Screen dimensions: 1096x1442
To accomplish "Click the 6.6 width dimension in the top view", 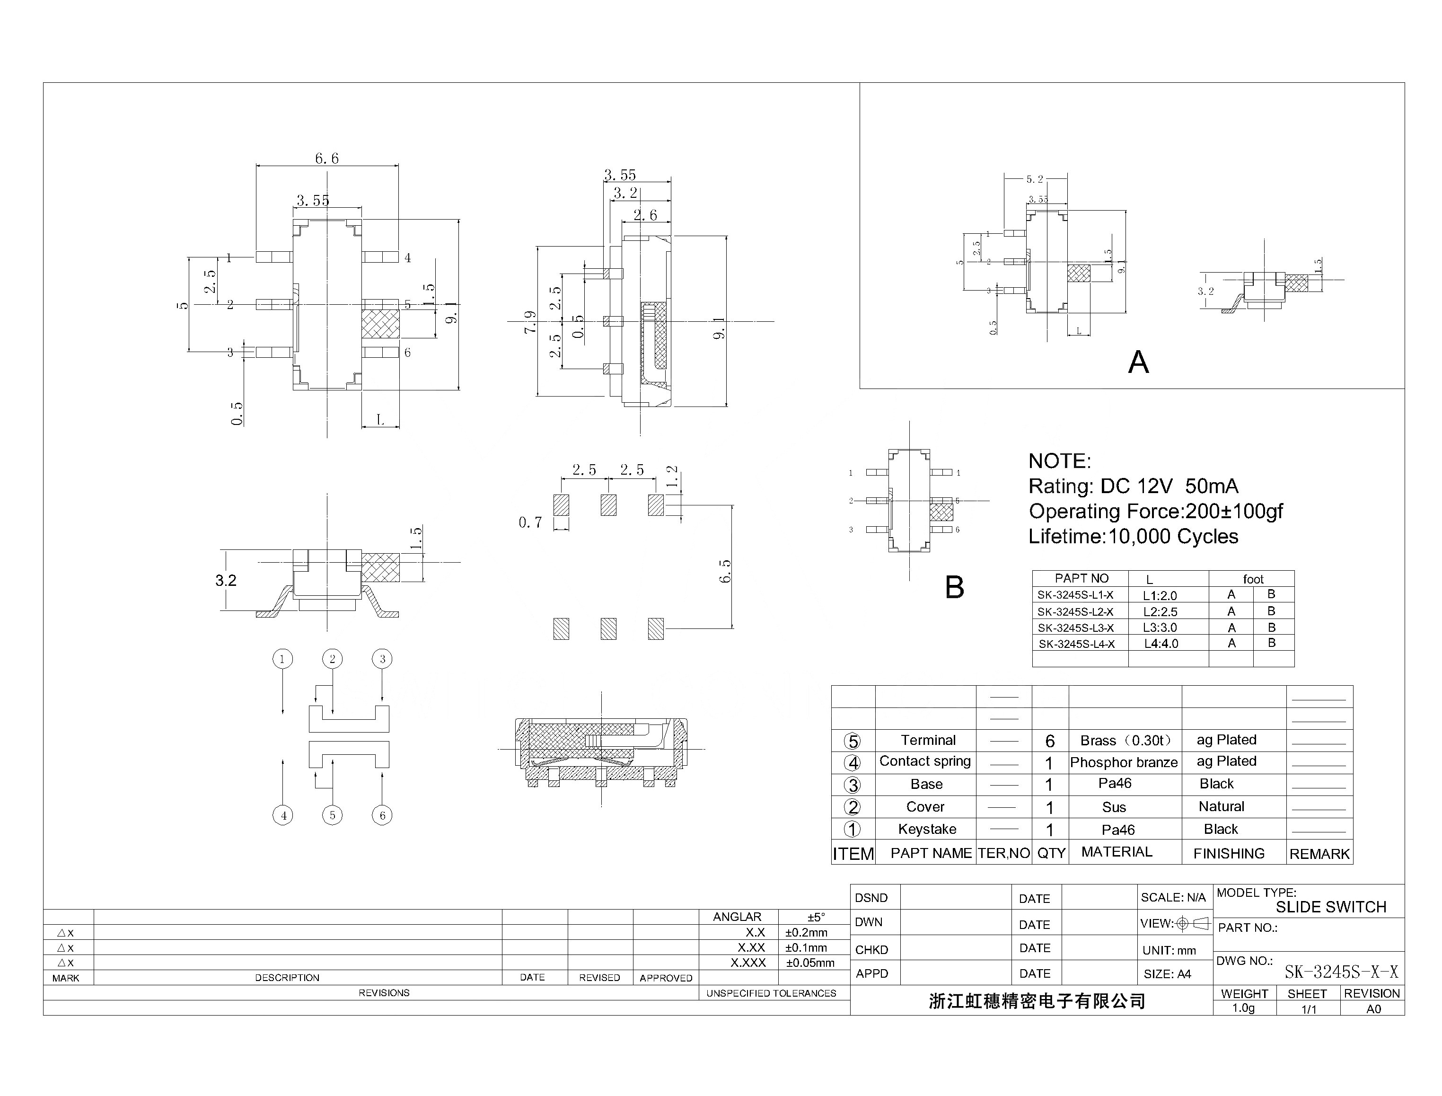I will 327,159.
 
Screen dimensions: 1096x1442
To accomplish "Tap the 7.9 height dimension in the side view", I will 529,322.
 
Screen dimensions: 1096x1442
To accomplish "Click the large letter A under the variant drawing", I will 1138,362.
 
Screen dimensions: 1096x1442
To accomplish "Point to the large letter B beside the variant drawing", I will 954,587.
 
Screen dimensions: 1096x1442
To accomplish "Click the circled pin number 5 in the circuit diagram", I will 332,815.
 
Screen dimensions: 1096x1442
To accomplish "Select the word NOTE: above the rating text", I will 1059,461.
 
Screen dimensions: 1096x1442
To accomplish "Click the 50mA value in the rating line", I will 1211,486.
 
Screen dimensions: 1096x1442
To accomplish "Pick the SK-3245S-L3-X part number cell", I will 1076,628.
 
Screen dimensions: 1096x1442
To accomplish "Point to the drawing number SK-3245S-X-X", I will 1341,972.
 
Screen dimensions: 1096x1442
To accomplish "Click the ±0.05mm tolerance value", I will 810,963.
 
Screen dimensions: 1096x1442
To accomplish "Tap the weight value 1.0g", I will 1243,1008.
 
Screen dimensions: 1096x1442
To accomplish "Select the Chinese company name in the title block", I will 1037,1001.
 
